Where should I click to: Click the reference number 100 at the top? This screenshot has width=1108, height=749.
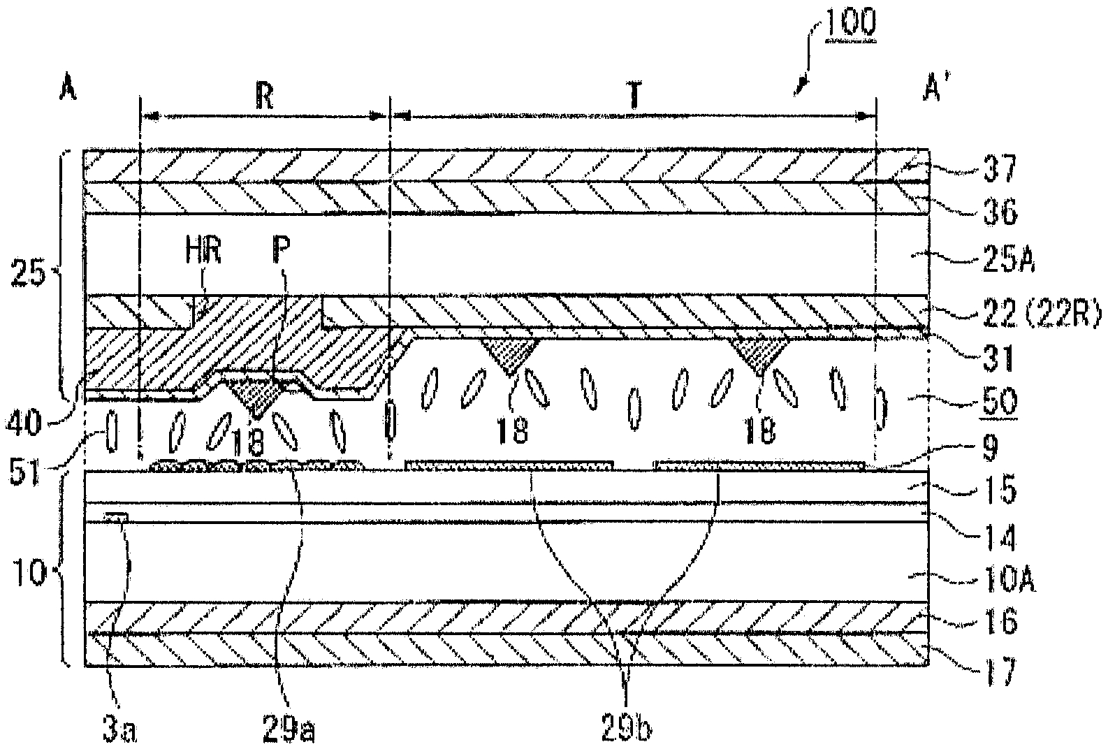pyautogui.click(x=850, y=22)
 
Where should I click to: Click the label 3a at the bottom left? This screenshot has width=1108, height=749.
pyautogui.click(x=114, y=731)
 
